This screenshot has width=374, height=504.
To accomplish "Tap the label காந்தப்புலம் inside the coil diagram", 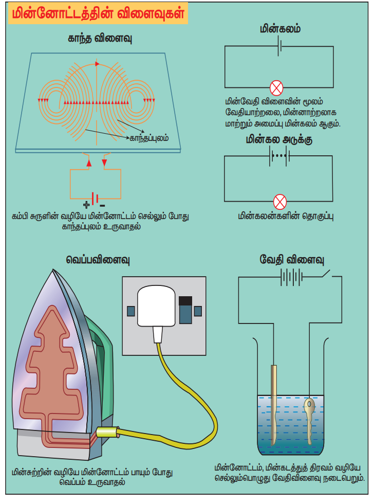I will coord(148,138).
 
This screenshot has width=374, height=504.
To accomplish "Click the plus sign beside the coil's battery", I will coord(86,204).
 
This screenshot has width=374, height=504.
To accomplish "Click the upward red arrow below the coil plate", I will coord(89,163).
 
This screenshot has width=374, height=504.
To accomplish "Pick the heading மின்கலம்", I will coord(280,29).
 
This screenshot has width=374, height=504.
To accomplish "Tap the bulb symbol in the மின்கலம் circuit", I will coord(277,88).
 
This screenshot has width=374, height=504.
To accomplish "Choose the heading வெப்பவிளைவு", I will coord(98,260).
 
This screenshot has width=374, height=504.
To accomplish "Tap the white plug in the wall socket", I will coord(155,309).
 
